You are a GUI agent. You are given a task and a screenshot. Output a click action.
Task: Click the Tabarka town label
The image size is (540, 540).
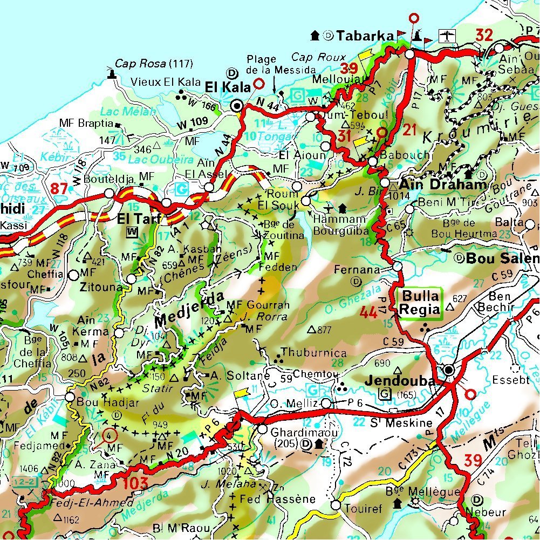coord(365,36)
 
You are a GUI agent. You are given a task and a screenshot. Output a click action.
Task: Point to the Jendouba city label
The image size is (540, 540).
coord(399,381)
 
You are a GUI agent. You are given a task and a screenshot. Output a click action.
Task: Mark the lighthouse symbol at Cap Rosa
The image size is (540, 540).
coord(113,73)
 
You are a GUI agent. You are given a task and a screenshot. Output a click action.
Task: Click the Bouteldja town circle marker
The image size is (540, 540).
coord(109,193)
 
